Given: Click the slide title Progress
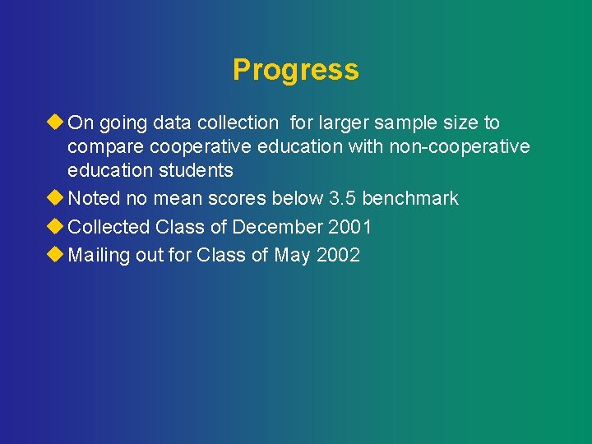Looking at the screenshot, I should (295, 70).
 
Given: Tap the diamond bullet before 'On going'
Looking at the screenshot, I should (56, 123).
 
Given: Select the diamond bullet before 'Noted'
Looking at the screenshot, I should (56, 198).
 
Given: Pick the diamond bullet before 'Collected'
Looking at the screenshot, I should (56, 226).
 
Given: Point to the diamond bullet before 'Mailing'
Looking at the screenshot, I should (56, 255).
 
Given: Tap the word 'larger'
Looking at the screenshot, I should (343, 123).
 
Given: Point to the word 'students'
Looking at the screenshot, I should (197, 171).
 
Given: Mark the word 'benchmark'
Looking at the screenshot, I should (410, 199).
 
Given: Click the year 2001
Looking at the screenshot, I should (349, 227).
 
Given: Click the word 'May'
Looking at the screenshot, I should (293, 256).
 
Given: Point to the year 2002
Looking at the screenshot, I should (338, 256).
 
